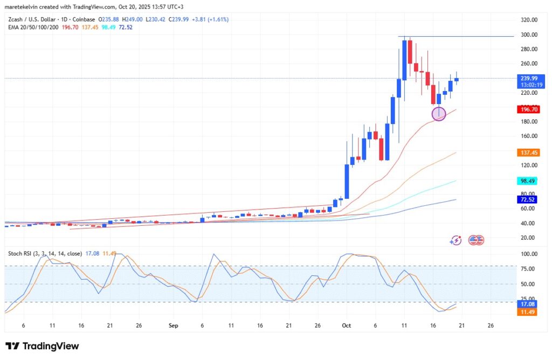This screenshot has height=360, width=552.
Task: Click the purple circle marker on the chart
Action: click(x=439, y=114)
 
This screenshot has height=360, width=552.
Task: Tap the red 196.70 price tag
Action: click(x=527, y=109)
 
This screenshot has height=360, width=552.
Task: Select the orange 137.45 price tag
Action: click(x=527, y=153)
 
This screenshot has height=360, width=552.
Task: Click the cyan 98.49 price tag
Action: click(x=527, y=181)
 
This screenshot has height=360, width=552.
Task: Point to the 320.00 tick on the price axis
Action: click(x=527, y=20)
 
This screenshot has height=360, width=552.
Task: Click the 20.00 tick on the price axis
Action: click(x=527, y=238)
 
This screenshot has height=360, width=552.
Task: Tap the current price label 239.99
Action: click(x=527, y=78)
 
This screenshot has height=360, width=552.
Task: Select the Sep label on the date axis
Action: click(x=173, y=326)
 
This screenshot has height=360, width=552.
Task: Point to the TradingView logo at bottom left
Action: click(x=42, y=346)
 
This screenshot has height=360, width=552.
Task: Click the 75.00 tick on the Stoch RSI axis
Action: click(x=527, y=269)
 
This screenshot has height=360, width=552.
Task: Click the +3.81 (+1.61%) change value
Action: click(x=210, y=19)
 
